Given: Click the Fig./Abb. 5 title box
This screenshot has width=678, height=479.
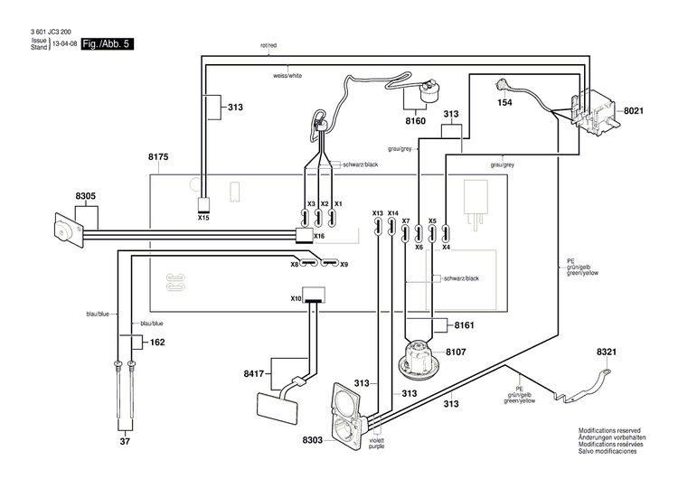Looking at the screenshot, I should pos(108,43).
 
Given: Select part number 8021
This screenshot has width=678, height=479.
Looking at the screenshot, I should pos(634,111).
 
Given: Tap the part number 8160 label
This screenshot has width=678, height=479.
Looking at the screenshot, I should pos(415,120).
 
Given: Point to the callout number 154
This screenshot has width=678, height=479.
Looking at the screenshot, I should pos(505,103).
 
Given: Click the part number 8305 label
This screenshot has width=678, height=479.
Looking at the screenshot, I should pos(85,196).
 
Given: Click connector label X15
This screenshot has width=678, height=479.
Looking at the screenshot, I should pos(203,218).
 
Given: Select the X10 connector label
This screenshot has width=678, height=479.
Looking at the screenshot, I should pos(296,298).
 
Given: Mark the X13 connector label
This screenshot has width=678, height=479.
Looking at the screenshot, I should pos(378,213).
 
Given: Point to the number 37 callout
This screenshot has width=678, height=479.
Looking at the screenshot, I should pos(125,441).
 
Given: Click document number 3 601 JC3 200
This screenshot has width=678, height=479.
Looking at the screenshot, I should pos(49,33).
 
